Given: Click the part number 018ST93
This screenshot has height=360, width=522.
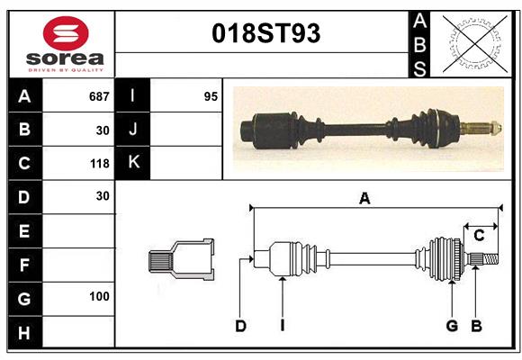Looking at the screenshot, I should pos(265,33).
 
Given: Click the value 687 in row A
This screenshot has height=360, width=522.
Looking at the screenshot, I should pos(99,95).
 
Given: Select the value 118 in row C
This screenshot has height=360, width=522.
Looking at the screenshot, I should pos(99,164).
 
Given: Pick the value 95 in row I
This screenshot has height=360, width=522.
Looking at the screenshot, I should pos(211,95).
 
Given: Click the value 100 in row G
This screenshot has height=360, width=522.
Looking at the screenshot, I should pos(99,296).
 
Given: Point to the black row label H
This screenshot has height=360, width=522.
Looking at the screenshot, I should pos(23,333).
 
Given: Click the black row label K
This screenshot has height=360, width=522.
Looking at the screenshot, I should pos(134,163).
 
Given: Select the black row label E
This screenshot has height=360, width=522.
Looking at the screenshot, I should pos(23,231).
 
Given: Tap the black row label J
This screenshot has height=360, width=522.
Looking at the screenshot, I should pos(134,129).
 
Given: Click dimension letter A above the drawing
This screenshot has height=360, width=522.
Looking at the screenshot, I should pos(364,198).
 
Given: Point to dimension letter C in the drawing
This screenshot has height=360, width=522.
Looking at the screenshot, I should pos(479,236).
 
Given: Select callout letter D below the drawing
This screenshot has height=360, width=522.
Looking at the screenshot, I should pos(240,326).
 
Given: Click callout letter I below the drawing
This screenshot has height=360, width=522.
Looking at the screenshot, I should pos(282,326).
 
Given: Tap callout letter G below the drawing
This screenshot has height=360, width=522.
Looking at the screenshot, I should pos(452,326).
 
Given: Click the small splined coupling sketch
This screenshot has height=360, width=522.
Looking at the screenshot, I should pos(180,260).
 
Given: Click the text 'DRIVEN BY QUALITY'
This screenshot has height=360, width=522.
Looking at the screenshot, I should pos(66,68).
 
